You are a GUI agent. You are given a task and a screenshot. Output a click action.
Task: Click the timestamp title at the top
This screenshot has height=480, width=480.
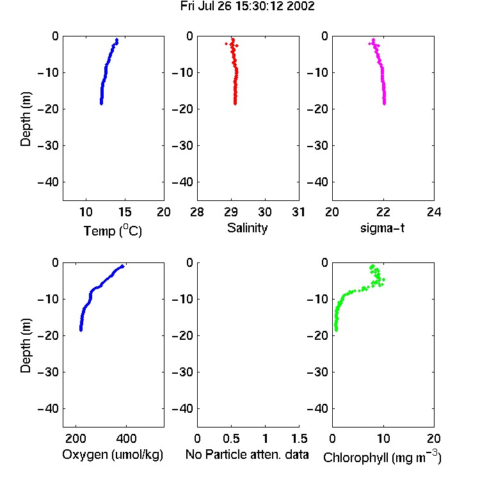coord(247,6)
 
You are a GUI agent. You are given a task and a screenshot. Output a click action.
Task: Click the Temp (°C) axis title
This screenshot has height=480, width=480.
coord(113,230)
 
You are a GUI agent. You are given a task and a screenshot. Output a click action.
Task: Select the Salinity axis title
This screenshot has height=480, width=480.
coord(247,228)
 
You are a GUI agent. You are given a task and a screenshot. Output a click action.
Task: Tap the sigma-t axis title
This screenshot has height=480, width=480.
coord(382,228)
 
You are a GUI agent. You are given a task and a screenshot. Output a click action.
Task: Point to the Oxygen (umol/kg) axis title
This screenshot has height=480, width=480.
coord(113,454)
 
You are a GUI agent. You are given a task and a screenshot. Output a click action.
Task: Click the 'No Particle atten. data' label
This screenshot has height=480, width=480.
coord(247,454)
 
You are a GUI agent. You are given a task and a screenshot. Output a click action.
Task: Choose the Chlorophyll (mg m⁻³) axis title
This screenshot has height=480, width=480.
coord(382,457)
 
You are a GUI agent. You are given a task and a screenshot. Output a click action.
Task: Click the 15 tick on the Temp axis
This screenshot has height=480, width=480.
coord(125,212)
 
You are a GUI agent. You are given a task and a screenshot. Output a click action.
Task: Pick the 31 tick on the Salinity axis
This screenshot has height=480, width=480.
coord(298,212)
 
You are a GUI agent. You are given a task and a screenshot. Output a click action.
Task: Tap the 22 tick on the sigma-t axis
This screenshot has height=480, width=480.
coord(383,212)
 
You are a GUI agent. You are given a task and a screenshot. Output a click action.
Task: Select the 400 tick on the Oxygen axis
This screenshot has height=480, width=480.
coord(126,438)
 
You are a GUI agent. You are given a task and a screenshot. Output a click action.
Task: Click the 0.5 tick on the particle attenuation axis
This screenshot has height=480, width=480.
coord(231,438)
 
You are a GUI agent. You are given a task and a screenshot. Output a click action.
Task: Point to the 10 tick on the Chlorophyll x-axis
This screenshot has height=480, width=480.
coord(383,438)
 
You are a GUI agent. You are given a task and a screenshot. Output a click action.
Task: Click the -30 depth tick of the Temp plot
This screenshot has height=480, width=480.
coord(48,145)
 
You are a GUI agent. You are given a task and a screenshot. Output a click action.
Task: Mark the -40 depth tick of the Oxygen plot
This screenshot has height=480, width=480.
coord(48,408)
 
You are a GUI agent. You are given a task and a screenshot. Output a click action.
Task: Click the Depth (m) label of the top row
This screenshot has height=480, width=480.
coord(26,119)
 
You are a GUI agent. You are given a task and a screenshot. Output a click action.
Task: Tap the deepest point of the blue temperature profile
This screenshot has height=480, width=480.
coord(101,104)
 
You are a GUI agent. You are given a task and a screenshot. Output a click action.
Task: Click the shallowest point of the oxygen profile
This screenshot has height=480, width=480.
coord(122,266)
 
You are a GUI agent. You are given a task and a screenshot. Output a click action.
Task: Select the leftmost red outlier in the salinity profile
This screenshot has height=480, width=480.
coord(226,44)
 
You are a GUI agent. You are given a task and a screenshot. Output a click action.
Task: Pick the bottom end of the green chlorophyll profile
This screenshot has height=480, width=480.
coord(336,330)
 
